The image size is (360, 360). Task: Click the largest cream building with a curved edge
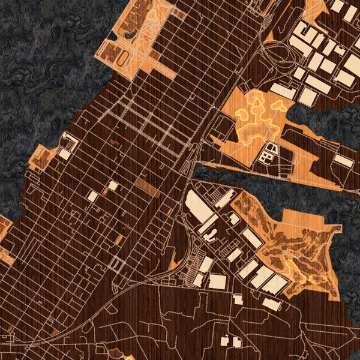coord(199,208)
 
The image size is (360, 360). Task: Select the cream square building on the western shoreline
coord(64,154)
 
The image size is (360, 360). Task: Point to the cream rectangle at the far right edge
coord(343,160)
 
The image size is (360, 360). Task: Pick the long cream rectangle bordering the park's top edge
coord(282,91)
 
